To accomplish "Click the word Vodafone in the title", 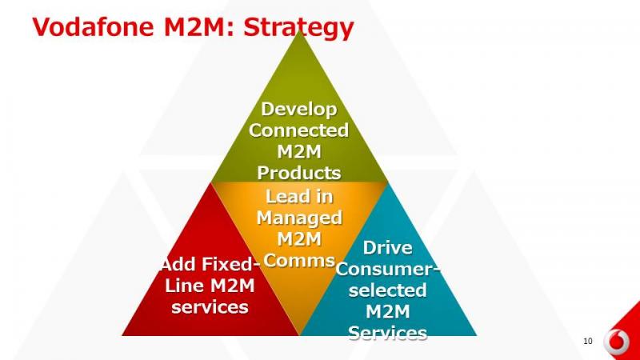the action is pyautogui.click(x=93, y=27).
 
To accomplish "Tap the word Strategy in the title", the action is pyautogui.click(x=298, y=28).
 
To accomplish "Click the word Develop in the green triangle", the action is pyautogui.click(x=299, y=110).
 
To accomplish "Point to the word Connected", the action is pyautogui.click(x=298, y=130).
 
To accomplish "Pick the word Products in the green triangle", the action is pyautogui.click(x=298, y=173).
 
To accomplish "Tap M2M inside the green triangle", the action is pyautogui.click(x=299, y=152).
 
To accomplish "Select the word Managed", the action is pyautogui.click(x=299, y=218).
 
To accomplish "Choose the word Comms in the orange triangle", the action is pyautogui.click(x=299, y=261).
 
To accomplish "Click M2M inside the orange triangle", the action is pyautogui.click(x=299, y=239).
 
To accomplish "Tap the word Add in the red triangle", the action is pyautogui.click(x=178, y=265).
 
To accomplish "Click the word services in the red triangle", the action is pyautogui.click(x=210, y=307).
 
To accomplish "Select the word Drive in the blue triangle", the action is pyautogui.click(x=387, y=248).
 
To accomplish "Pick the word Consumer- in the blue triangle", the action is pyautogui.click(x=388, y=269).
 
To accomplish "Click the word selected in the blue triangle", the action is pyautogui.click(x=388, y=290).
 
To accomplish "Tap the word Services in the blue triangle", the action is pyautogui.click(x=388, y=333).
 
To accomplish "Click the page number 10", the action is pyautogui.click(x=588, y=342).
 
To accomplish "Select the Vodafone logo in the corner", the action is pyautogui.click(x=616, y=342).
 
